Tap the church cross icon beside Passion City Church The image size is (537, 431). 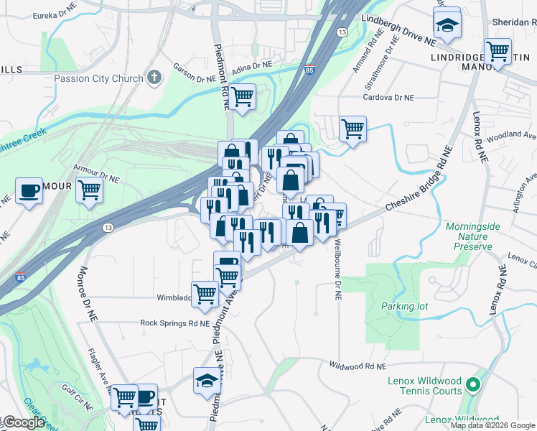[x=154, y=77]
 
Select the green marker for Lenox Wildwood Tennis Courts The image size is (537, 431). [x=472, y=386]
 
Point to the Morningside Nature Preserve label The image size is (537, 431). [x=469, y=236]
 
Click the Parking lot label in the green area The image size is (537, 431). [x=404, y=306]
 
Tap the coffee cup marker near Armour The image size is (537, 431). [x=29, y=190]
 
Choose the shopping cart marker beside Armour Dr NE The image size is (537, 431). [x=89, y=190]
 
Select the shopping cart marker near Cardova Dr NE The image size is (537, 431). [x=352, y=129]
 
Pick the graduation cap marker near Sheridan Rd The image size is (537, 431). [x=447, y=26]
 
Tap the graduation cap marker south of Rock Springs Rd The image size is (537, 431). [x=206, y=381]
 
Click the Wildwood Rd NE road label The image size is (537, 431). [x=357, y=366]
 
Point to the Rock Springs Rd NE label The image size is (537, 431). [x=174, y=323]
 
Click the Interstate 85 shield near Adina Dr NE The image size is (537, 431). [x=309, y=70]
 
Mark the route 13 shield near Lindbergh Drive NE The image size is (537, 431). [x=342, y=33]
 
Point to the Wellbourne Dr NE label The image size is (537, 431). [x=337, y=270]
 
